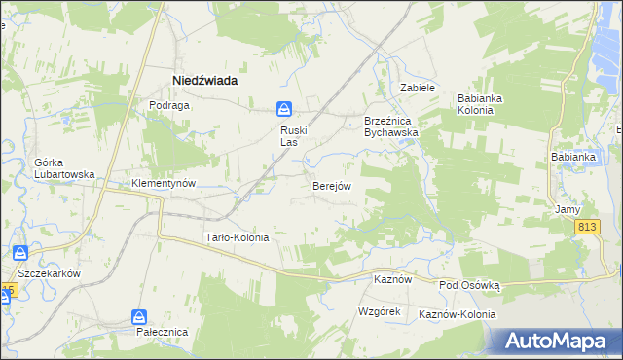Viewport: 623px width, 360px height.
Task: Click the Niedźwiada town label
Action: point(205,81)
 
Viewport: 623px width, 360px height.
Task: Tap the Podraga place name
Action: point(167,105)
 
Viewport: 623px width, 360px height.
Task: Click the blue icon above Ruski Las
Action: point(283,109)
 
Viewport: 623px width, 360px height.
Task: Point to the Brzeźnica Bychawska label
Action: point(390,126)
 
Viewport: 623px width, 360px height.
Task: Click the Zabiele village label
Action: point(417,88)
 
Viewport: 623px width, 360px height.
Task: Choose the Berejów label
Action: point(331,185)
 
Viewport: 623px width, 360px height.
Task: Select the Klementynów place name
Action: point(165,183)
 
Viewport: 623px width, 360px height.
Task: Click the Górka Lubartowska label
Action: point(63,168)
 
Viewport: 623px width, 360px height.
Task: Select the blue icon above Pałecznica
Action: point(140,317)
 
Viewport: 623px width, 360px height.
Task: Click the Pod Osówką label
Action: point(469,285)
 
